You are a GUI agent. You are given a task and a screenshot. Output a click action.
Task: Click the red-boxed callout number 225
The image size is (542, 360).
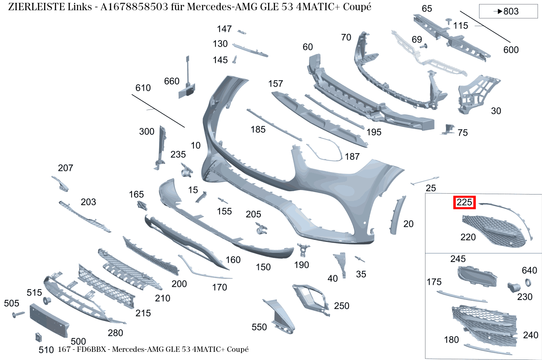(x=464, y=202)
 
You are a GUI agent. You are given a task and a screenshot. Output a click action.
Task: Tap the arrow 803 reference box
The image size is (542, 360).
(x=508, y=11)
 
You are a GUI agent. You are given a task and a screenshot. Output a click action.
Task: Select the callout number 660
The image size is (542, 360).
(x=172, y=81)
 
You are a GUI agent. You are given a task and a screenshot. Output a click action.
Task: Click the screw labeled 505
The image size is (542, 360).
(x=18, y=314)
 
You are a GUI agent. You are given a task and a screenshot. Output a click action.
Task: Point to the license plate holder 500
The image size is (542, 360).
(x=49, y=320)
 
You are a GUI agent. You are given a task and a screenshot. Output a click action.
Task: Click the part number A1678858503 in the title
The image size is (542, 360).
(x=134, y=7)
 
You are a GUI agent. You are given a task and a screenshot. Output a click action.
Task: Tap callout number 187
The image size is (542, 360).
(x=352, y=157)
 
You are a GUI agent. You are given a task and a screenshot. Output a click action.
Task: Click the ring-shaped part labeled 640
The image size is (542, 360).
(x=528, y=282)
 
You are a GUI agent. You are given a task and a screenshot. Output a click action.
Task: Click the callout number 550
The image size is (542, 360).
(x=259, y=327)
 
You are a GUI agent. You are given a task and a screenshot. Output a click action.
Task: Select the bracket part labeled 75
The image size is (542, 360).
(x=448, y=129)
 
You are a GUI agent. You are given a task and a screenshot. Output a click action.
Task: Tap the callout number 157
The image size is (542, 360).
(x=275, y=84)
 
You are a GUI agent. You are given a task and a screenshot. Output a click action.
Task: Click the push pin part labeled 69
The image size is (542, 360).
(x=423, y=46)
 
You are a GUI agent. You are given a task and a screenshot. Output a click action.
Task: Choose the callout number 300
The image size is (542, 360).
(x=147, y=132)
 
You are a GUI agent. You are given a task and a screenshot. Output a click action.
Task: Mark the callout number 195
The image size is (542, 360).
(x=374, y=132)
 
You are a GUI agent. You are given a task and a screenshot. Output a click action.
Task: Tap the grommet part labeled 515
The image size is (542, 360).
(x=47, y=300)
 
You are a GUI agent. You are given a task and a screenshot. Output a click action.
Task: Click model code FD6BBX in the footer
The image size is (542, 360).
(x=91, y=349)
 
